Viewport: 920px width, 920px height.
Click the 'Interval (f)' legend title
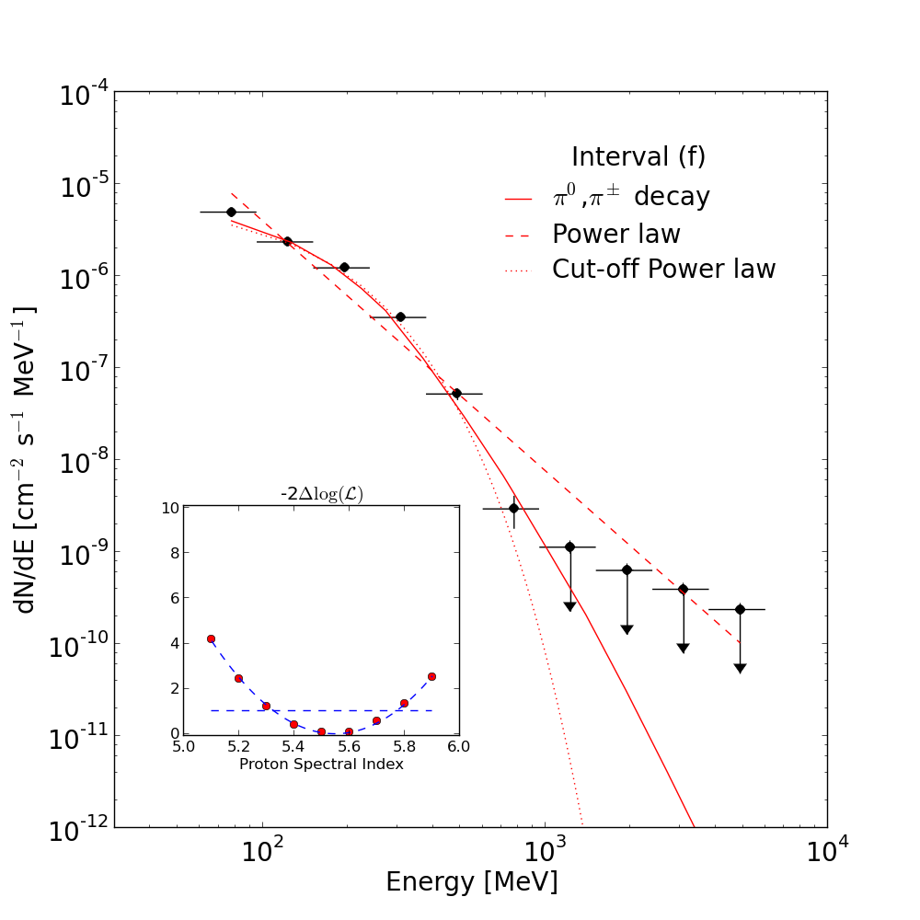click(638, 156)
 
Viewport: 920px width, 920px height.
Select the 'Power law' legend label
click(616, 234)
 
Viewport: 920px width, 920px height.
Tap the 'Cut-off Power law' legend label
click(663, 270)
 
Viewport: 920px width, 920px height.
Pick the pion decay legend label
click(631, 196)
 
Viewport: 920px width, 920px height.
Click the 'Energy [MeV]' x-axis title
click(472, 882)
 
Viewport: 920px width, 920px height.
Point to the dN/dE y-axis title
click(24, 460)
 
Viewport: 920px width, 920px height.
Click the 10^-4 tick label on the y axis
click(85, 95)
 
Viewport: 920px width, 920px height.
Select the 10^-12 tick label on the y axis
click(78, 830)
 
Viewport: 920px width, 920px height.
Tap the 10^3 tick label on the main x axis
click(545, 850)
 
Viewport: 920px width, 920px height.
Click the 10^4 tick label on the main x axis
click(827, 850)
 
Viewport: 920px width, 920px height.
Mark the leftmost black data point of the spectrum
click(231, 212)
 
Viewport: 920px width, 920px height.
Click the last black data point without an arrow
click(514, 508)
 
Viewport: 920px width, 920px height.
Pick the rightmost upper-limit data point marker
click(740, 610)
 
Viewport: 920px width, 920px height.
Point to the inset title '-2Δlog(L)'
click(321, 494)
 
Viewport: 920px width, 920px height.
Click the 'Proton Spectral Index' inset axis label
click(321, 764)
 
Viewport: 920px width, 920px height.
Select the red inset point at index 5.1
click(212, 639)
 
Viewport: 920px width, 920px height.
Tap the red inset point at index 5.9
click(431, 676)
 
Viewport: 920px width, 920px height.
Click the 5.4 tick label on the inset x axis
click(293, 747)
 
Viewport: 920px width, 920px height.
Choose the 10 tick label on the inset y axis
click(171, 508)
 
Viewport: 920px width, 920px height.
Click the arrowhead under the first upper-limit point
click(569, 606)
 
